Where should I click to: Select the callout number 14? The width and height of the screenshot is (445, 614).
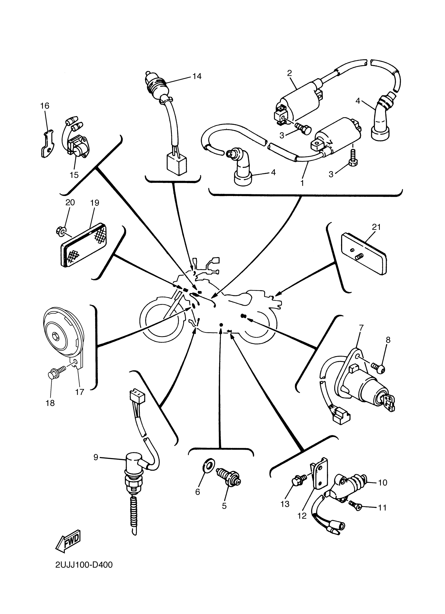pos(197,76)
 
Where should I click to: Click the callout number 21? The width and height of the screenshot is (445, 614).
pos(376,227)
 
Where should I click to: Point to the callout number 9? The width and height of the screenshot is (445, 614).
pos(96,457)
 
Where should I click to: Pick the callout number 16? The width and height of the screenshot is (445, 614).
pos(45,106)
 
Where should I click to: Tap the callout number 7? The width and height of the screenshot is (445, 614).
pos(361,328)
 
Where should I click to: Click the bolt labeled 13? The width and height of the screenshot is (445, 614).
pos(297,481)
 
